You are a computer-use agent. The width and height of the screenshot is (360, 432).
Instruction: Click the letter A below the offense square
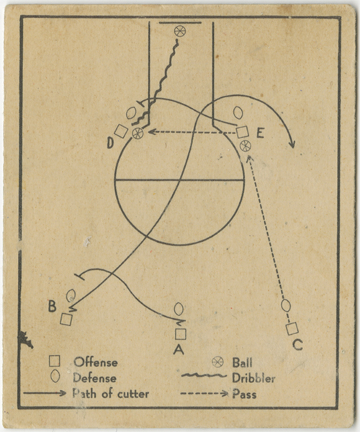click(x=179, y=349)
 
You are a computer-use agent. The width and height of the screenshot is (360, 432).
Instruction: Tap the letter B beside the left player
click(x=53, y=306)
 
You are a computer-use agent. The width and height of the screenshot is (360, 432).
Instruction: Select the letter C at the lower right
click(x=297, y=344)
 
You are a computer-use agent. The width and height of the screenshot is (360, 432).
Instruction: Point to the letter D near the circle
click(x=110, y=143)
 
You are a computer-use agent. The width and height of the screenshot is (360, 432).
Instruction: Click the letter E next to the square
click(x=261, y=133)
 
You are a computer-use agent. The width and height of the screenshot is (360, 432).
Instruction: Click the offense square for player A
click(x=181, y=334)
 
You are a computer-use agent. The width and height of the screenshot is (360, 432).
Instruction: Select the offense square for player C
click(x=292, y=329)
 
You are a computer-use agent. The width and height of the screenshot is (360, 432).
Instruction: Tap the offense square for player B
click(x=66, y=319)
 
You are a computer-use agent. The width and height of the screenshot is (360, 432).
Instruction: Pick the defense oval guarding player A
click(x=179, y=309)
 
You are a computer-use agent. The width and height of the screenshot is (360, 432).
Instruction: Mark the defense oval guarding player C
click(x=286, y=305)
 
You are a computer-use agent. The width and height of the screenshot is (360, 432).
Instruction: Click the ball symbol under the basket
click(x=180, y=31)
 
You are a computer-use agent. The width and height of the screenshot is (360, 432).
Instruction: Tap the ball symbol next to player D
click(x=138, y=133)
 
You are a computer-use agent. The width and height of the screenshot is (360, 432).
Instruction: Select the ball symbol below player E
click(x=245, y=145)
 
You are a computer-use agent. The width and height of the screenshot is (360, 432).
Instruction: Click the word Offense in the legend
click(x=96, y=362)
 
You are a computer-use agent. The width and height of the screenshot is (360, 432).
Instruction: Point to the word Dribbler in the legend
click(x=253, y=378)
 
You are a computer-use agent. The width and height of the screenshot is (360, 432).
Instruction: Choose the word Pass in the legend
click(x=244, y=394)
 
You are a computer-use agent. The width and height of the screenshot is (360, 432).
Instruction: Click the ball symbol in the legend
click(x=217, y=362)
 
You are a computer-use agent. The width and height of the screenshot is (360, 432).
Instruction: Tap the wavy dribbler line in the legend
click(x=204, y=376)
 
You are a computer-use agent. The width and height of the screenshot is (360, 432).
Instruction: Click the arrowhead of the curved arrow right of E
click(x=292, y=144)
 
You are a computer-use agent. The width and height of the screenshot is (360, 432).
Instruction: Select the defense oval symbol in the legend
click(x=55, y=377)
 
